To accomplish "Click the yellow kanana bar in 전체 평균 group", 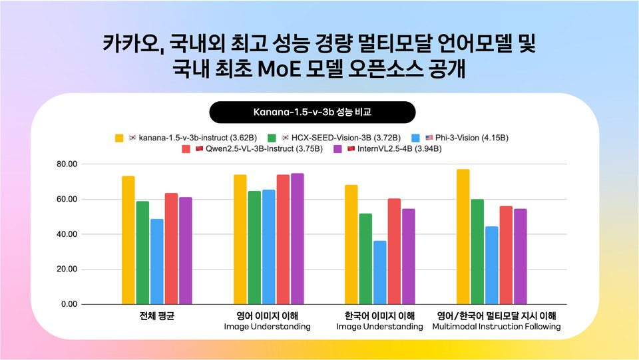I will [x=128, y=240].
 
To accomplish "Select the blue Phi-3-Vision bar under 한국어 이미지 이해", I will [x=380, y=272].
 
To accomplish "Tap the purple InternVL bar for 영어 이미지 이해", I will [x=298, y=239].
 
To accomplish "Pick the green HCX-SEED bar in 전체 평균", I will [x=142, y=253].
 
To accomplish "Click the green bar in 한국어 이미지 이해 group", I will [x=365, y=259].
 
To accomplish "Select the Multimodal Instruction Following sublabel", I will [x=496, y=327].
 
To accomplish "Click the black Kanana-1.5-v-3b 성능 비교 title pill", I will [x=313, y=112].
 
